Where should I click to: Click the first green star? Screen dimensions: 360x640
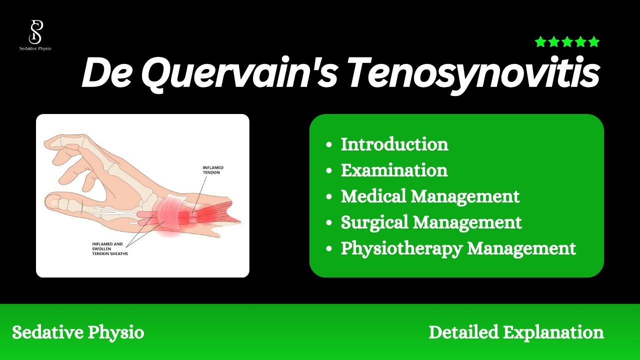click(x=540, y=42)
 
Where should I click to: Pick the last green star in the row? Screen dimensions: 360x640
click(x=594, y=42)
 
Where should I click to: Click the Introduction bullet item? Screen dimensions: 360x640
click(x=394, y=144)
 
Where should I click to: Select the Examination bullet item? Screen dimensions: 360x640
click(x=394, y=170)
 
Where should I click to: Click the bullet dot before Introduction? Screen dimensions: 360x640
click(x=328, y=145)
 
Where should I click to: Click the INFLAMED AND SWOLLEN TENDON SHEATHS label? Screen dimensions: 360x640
click(x=110, y=248)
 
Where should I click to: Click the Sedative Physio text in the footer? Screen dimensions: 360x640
click(x=78, y=332)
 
